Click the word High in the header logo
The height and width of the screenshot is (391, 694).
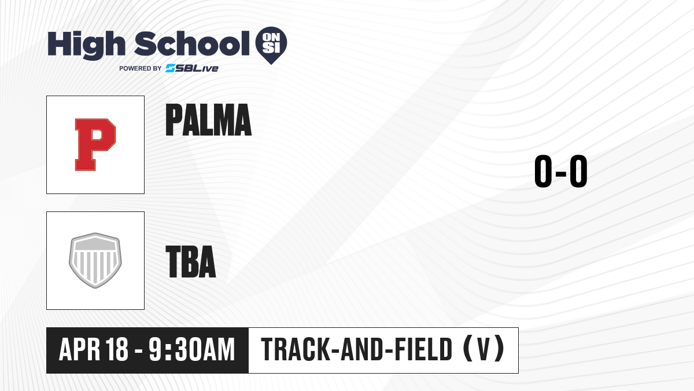click(86, 45)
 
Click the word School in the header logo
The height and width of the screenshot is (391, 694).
click(192, 43)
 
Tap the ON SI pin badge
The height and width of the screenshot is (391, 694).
click(271, 45)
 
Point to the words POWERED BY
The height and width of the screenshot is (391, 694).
click(141, 68)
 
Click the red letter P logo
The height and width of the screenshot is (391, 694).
click(95, 145)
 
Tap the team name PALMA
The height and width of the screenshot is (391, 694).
click(208, 120)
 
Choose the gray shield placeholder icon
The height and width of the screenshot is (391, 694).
click(95, 260)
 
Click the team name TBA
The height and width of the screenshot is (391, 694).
click(190, 261)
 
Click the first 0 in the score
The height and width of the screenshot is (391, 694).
click(543, 171)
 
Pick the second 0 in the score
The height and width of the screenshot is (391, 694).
click(578, 171)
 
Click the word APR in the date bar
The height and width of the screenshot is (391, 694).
click(80, 349)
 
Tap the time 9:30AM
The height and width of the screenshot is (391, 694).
click(191, 349)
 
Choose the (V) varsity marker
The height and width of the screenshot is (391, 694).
click(483, 349)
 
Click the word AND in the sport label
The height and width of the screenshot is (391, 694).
click(361, 349)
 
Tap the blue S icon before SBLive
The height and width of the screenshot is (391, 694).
click(171, 68)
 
